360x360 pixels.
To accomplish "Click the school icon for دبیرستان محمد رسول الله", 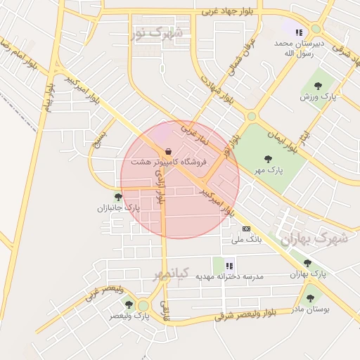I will pos(299,32).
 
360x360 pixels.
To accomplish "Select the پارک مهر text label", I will pos(269,170).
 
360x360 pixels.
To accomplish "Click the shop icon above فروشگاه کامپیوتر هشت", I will pos(168,151).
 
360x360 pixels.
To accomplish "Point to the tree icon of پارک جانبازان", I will pos(118,197).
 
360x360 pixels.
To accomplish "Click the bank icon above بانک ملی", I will pos(246,229).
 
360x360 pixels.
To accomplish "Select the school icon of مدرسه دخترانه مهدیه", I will pos(229,266).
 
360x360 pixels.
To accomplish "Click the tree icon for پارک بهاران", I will pos(307,263).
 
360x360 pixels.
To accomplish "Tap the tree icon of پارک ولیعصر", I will pos(129,304).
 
